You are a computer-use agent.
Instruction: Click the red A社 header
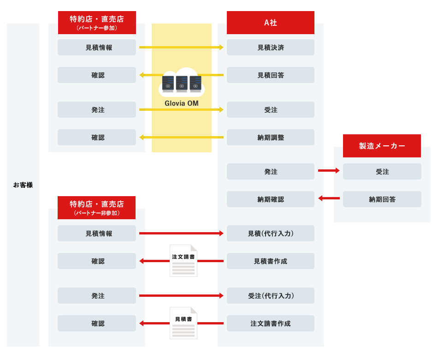tap(270, 23)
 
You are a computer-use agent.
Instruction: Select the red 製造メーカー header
tap(382, 146)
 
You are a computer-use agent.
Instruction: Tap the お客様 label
tap(23, 185)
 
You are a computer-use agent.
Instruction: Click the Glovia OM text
tap(182, 103)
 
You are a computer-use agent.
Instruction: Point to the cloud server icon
tap(182, 83)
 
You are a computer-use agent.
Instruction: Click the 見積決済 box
tap(270, 48)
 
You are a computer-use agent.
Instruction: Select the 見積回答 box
tap(270, 75)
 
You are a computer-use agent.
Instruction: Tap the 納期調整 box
tap(270, 138)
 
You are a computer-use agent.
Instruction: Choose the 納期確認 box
tap(270, 199)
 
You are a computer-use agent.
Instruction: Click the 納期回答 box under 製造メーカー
tap(382, 199)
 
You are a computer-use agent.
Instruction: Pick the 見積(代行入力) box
tap(270, 234)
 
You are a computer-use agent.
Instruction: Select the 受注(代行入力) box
tap(270, 296)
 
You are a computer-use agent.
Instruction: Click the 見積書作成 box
tap(270, 261)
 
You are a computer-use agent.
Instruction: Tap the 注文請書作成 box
tap(270, 324)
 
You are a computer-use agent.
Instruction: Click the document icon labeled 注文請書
tap(183, 261)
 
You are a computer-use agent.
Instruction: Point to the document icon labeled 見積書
tap(183, 323)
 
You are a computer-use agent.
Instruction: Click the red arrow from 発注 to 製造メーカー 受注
tap(329, 171)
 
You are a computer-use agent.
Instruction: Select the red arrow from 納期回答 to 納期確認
tap(329, 199)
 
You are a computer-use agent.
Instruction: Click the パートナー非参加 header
tap(96, 207)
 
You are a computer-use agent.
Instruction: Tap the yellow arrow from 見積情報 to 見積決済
tap(181, 47)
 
